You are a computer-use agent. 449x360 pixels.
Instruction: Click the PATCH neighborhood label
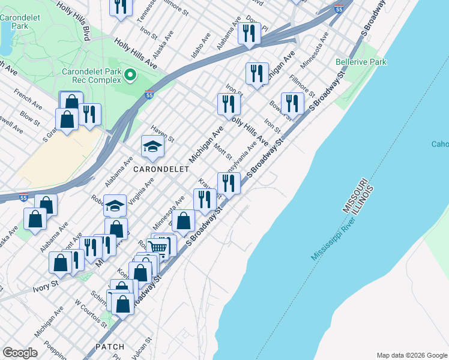coord(109,347)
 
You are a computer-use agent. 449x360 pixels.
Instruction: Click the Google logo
coord(20,353)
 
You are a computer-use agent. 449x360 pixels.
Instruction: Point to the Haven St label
coord(162,136)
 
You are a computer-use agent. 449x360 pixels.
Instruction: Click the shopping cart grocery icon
coord(157,247)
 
